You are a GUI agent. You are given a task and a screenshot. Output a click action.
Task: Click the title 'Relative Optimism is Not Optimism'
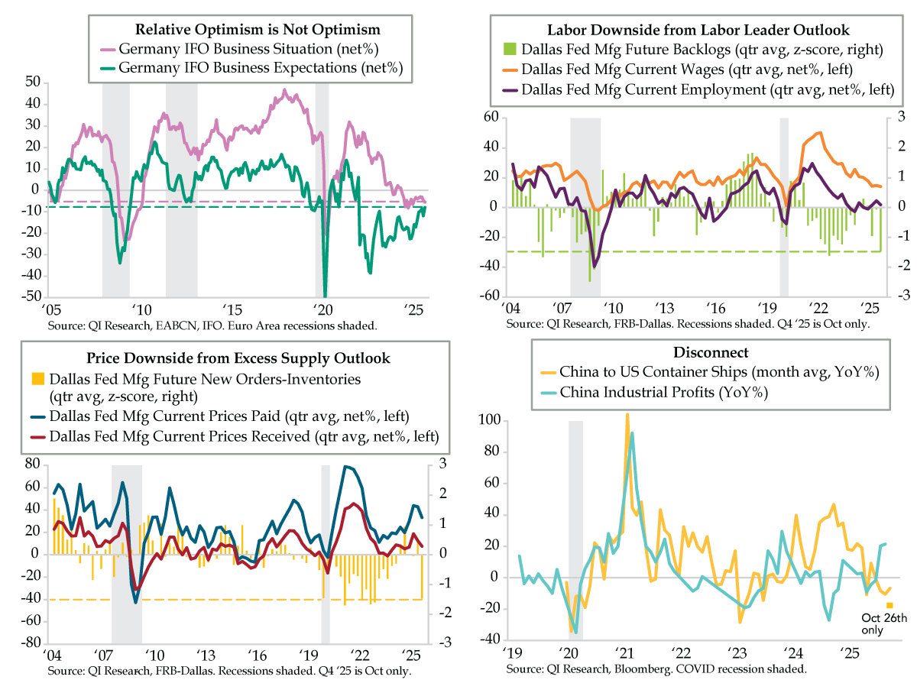click(258, 30)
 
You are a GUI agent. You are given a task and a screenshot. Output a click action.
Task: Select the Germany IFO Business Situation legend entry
click(249, 49)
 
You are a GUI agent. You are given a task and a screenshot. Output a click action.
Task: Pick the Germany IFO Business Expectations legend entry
click(259, 68)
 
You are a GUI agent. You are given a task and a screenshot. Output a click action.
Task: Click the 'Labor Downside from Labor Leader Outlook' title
click(698, 31)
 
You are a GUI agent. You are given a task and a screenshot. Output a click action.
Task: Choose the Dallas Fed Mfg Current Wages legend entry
click(698, 70)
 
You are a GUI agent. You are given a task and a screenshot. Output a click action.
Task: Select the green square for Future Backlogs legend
click(507, 50)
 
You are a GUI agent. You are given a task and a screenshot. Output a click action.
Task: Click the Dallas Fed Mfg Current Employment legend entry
click(707, 89)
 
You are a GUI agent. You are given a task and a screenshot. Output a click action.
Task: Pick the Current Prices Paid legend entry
click(229, 416)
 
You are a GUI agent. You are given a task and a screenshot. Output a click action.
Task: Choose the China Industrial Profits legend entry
click(663, 392)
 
